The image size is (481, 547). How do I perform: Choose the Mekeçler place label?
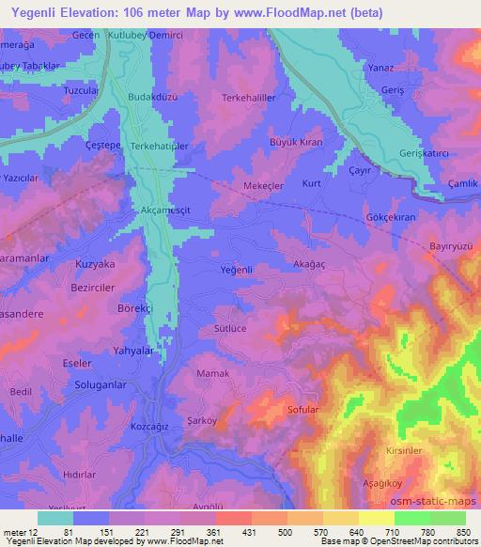264,186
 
